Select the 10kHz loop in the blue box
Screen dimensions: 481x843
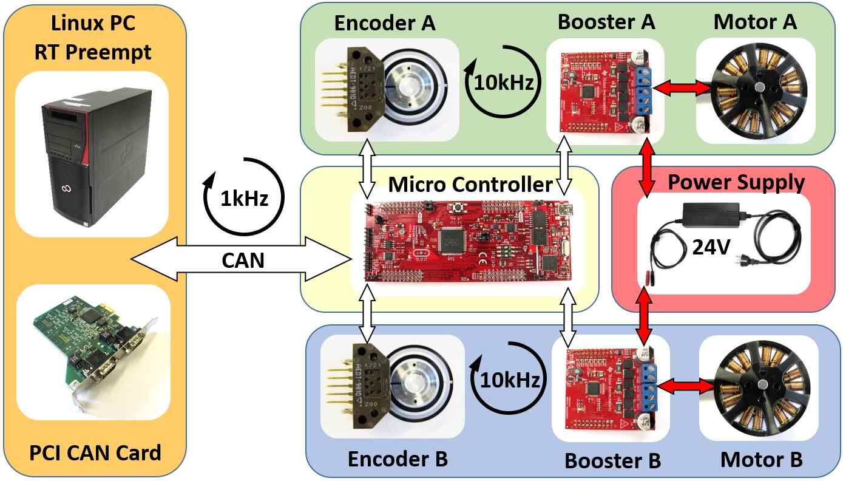pos(507,380)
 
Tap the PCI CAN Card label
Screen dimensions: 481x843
pos(95,452)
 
